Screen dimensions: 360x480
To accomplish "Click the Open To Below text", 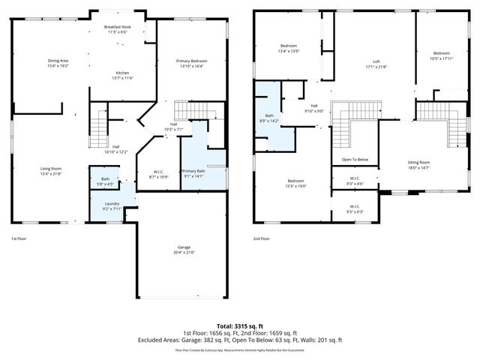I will click(x=355, y=160).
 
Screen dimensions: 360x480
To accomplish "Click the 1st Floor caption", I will click(x=19, y=238).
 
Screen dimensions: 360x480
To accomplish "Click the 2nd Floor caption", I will click(x=262, y=238).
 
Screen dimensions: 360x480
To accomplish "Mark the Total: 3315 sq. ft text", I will click(x=240, y=326).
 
